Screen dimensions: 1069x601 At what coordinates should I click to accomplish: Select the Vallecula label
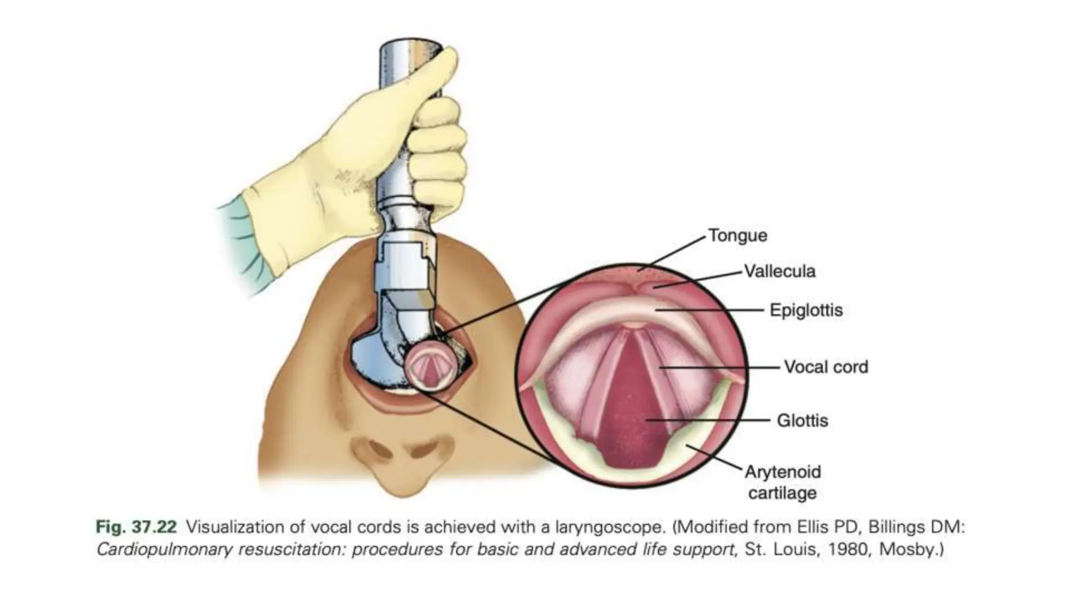click(x=779, y=271)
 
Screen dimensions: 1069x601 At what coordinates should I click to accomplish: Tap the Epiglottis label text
click(x=806, y=310)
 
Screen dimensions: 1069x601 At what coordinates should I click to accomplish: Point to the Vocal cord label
click(x=826, y=367)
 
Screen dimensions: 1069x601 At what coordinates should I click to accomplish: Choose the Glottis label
click(x=802, y=420)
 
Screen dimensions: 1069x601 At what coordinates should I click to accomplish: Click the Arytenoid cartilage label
click(x=782, y=482)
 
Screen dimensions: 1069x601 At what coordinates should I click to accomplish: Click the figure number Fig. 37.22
click(x=136, y=527)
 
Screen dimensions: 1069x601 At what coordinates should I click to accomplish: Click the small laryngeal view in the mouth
click(x=426, y=367)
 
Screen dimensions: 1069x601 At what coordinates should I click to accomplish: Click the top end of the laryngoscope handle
click(x=410, y=44)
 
